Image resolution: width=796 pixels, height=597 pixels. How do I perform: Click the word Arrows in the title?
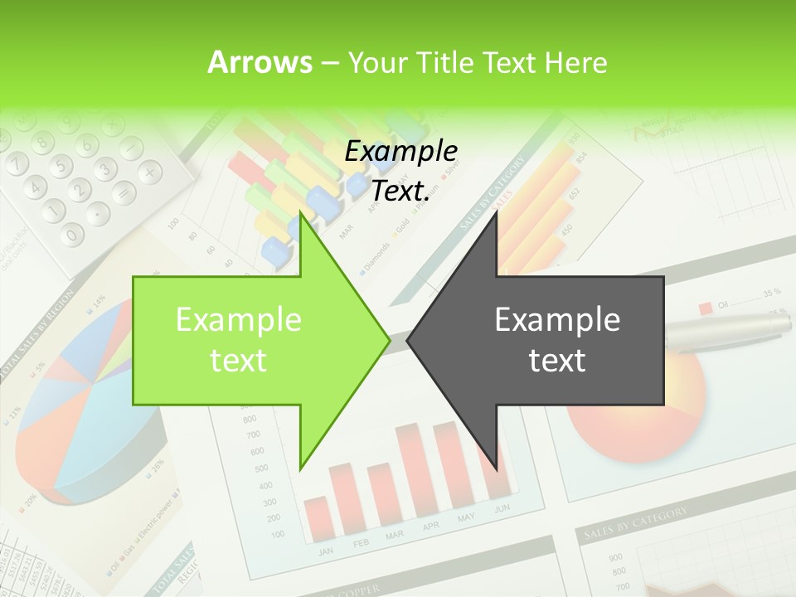260,62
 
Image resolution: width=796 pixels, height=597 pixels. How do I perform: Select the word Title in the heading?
449,62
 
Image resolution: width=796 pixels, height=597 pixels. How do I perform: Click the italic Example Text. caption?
401,171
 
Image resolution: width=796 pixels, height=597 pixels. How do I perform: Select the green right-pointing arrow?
249,340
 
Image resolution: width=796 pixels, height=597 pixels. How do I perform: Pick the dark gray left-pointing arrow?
547,340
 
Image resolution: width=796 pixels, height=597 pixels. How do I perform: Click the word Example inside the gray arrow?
557,319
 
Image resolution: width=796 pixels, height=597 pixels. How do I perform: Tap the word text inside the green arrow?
238,361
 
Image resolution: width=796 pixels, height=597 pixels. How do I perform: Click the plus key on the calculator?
149,172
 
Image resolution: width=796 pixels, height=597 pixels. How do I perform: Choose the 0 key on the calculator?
73,235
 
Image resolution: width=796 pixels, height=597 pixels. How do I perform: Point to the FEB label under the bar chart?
362,542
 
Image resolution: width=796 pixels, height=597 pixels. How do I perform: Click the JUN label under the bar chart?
502,508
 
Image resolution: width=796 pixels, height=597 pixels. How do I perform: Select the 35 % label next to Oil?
772,293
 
